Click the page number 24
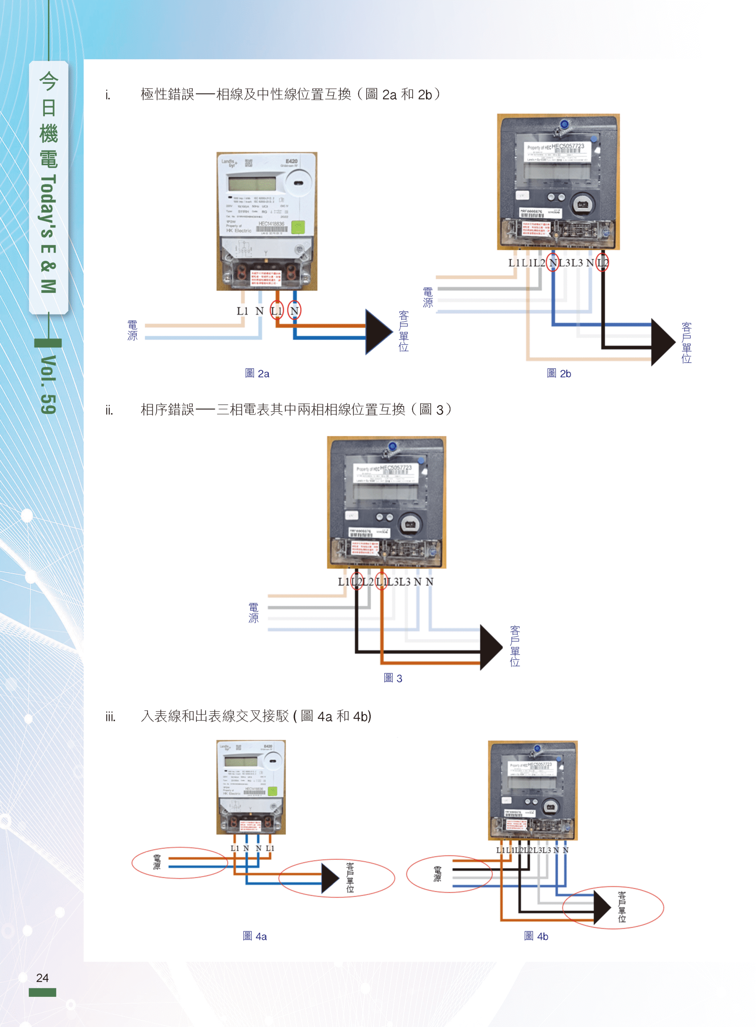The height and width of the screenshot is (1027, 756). pos(42,978)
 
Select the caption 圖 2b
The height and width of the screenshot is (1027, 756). pos(558,373)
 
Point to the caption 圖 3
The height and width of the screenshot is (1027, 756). pos(393,678)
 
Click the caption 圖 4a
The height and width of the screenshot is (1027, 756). pos(255,936)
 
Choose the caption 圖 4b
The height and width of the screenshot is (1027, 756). pos(536,936)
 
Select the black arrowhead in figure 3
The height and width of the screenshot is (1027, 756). pos(491,647)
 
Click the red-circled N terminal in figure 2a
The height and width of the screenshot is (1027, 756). pos(294,311)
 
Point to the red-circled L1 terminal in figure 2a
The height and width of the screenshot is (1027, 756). pos(277,311)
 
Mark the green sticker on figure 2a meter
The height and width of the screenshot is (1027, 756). pos(298,227)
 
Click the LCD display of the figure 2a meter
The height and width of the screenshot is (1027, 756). pos(252,184)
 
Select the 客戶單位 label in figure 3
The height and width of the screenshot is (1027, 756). pos(514,646)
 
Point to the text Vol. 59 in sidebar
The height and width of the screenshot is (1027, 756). pos(49,385)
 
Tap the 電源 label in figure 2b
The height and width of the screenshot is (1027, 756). pos(427,297)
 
